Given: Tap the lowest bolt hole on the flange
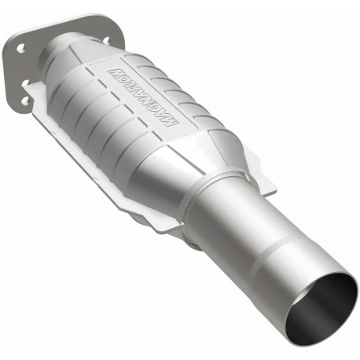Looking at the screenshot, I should click(x=26, y=101).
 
